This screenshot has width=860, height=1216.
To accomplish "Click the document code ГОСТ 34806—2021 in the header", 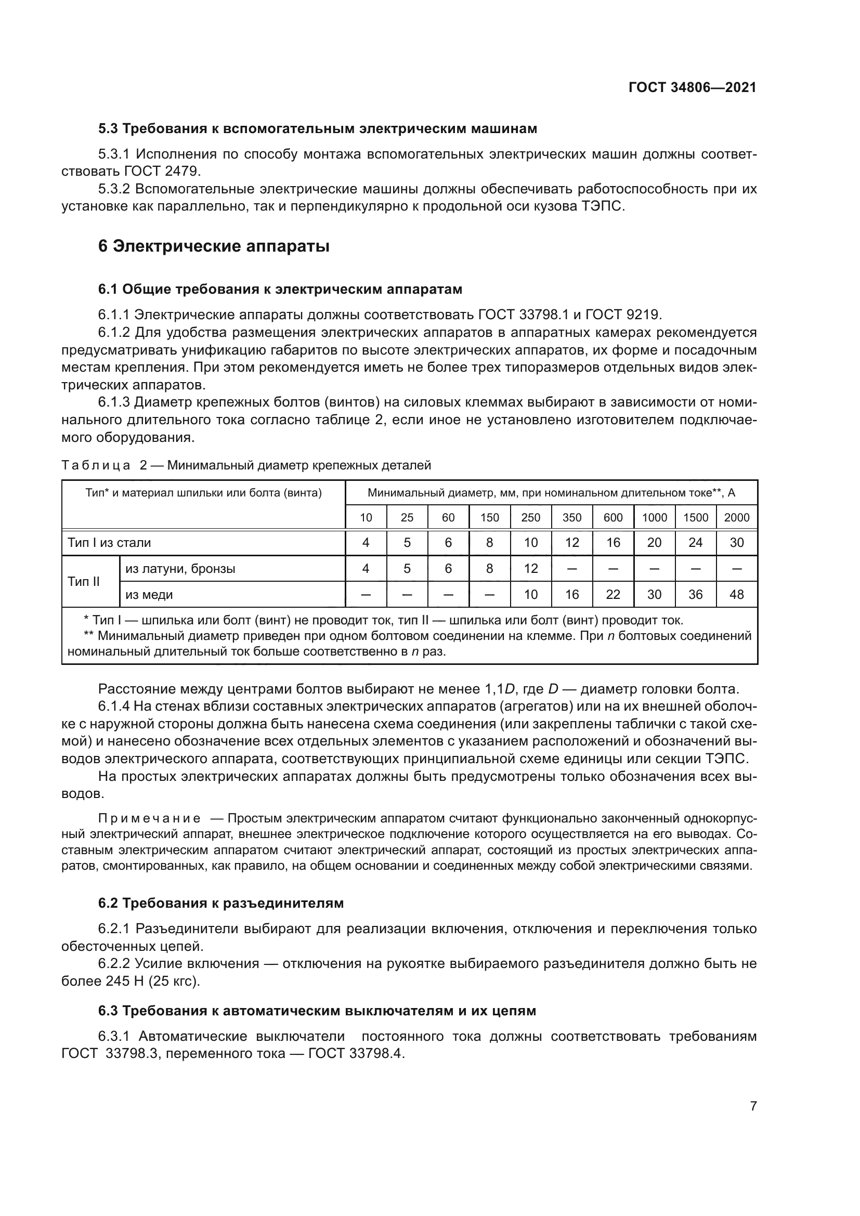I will click(692, 87).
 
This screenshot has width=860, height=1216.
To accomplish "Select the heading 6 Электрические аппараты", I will click(214, 246).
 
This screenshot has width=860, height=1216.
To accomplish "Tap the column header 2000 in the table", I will click(737, 517).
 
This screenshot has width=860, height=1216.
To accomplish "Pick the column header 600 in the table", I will click(613, 517).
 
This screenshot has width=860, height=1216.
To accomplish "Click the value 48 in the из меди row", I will click(737, 594).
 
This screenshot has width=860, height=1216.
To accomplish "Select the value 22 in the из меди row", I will click(613, 594).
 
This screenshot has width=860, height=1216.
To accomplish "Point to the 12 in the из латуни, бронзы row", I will click(531, 568).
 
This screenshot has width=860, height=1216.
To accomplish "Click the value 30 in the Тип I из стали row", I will click(737, 542).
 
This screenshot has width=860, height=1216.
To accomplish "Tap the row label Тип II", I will click(84, 581).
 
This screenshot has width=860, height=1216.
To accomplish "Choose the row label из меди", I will click(149, 594).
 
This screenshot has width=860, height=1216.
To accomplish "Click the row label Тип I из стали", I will click(109, 542).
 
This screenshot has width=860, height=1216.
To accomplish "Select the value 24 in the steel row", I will click(695, 542).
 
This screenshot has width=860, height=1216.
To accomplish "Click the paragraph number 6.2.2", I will click(116, 963).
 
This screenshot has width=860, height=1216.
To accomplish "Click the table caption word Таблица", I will click(96, 465).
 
